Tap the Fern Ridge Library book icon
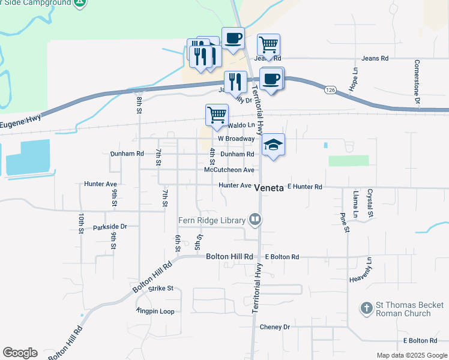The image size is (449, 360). (256, 220)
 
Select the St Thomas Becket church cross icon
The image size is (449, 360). (366, 309)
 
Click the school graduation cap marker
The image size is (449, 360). (273, 145)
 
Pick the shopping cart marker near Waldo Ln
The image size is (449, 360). (217, 115)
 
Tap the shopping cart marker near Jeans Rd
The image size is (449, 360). (268, 44)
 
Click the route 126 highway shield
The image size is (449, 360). (330, 89)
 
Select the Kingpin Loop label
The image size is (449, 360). (155, 311)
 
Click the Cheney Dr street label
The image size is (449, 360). (275, 327)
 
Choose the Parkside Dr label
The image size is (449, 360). (110, 227)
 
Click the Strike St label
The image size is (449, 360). (161, 289)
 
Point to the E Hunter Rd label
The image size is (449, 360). (305, 187)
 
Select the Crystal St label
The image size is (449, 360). (370, 204)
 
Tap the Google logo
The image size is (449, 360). (20, 353)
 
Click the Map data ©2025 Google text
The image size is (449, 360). (411, 355)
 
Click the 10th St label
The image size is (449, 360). (80, 223)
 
